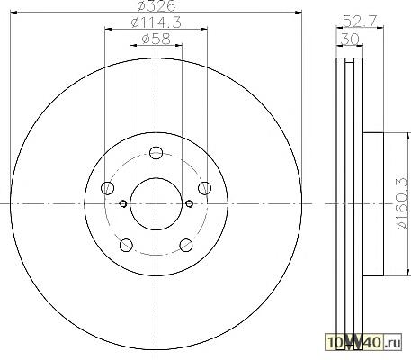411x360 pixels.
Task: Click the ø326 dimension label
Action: [156, 6]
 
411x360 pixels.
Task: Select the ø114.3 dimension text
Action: [156, 22]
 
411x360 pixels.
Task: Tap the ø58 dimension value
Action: [156, 39]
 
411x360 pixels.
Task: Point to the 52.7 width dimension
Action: [360, 21]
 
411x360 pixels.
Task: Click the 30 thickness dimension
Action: [350, 39]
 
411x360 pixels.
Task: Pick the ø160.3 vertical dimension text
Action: [403, 203]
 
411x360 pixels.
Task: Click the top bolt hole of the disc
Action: [156, 153]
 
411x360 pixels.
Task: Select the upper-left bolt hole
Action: [108, 188]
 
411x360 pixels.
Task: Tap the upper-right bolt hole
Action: [204, 188]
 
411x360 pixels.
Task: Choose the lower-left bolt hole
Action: [126, 245]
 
